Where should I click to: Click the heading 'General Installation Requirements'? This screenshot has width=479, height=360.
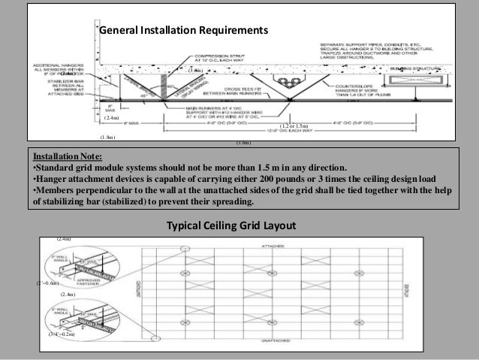184,31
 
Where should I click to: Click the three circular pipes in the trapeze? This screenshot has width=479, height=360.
288,80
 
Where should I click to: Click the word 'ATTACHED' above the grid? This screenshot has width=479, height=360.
273,246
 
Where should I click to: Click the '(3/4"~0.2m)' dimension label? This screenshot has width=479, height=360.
62,333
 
